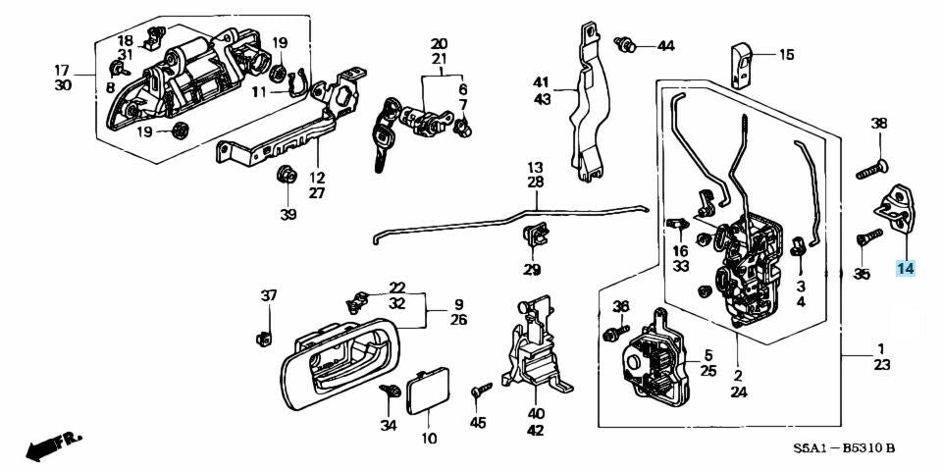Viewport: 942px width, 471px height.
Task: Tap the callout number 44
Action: pos(665,46)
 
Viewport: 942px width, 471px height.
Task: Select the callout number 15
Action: pos(786,55)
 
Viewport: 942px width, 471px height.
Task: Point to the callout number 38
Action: pos(878,124)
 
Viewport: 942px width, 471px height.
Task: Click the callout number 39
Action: pos(288,215)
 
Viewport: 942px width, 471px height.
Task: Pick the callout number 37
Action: pos(269,296)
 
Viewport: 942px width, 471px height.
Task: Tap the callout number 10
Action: pos(429,438)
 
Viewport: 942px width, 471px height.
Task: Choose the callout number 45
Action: pos(478,423)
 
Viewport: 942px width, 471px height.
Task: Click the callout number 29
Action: pos(532,270)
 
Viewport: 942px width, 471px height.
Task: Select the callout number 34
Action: pos(390,425)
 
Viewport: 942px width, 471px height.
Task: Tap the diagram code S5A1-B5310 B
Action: pos(845,449)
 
